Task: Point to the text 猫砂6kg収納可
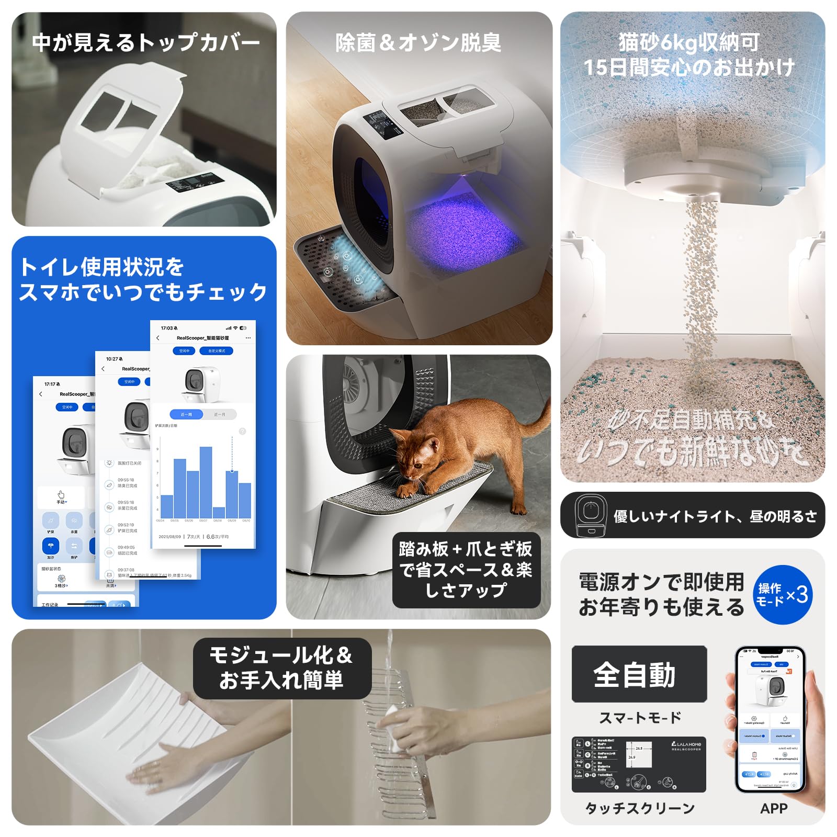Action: coord(689,42)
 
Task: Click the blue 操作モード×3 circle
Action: coord(783,594)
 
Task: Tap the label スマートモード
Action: coord(640,718)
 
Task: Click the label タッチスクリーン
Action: coord(639,808)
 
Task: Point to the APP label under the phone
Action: coord(774,808)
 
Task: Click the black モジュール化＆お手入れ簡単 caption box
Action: coord(282,668)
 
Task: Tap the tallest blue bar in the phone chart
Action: coord(206,481)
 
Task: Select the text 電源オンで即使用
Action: coord(661,582)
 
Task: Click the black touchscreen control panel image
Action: coord(639,764)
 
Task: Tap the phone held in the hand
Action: coord(769,719)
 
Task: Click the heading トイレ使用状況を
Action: coord(102,267)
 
